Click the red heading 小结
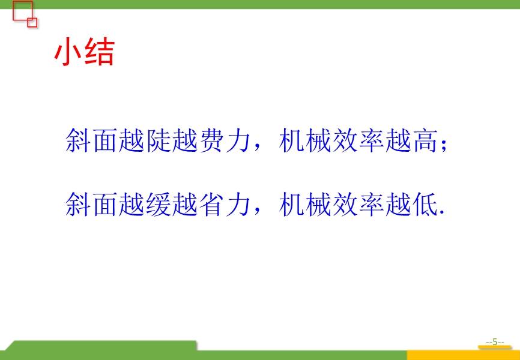(x=85, y=53)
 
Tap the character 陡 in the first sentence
(x=158, y=140)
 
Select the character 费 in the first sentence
(x=211, y=140)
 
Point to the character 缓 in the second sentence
(x=158, y=205)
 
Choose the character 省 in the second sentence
(x=211, y=205)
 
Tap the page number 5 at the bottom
(x=495, y=342)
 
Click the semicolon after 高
(x=444, y=146)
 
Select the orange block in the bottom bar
(x=464, y=355)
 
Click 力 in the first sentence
(x=238, y=140)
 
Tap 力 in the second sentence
(x=238, y=205)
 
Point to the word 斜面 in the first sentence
(x=91, y=140)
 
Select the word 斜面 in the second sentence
(x=91, y=205)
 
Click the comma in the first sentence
(x=256, y=149)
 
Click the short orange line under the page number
(x=494, y=347)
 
